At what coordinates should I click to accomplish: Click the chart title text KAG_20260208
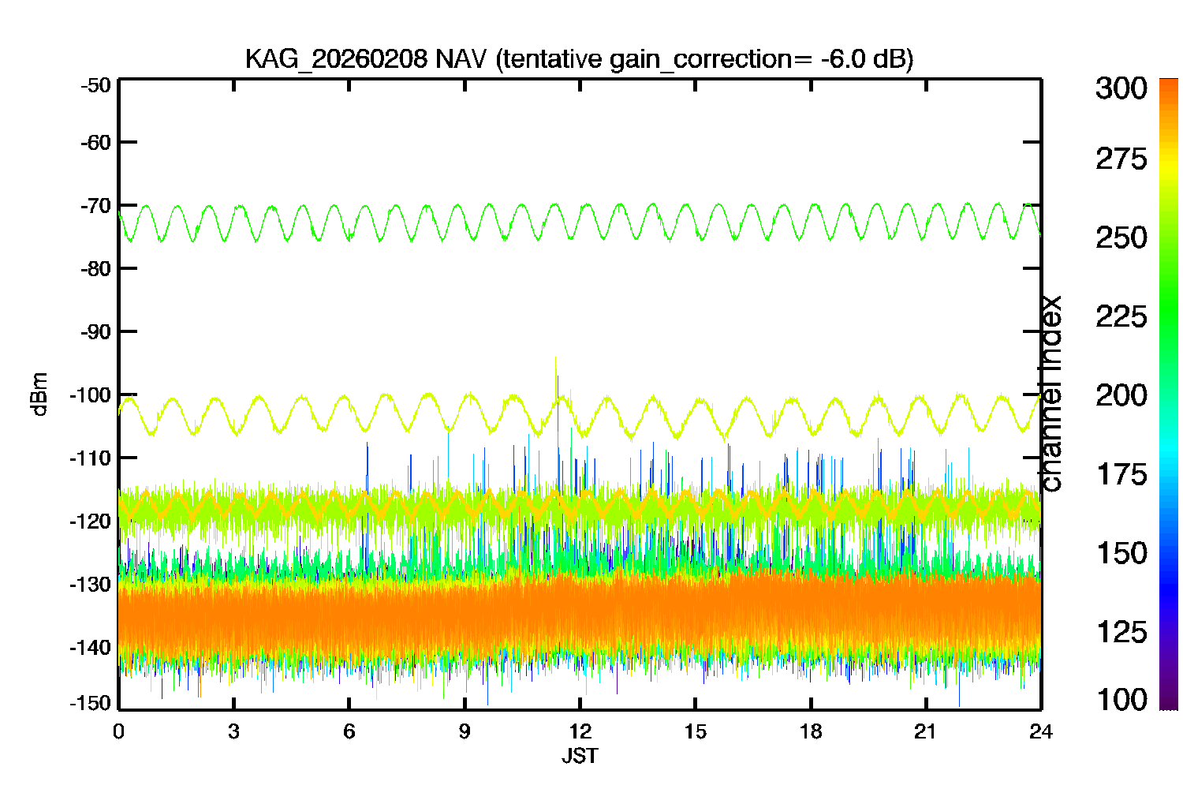336,59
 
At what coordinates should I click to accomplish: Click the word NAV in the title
460,58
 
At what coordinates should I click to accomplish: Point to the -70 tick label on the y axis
95,206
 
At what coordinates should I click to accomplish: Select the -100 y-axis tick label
91,394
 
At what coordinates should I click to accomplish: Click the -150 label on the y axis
91,703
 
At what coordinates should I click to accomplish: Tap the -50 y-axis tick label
95,85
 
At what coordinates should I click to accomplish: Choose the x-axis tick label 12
580,731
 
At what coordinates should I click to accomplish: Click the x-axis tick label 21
925,731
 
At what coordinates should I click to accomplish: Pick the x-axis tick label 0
118,731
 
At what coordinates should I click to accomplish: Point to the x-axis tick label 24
1041,731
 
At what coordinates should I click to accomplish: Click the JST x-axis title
580,756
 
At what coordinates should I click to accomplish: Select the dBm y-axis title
39,394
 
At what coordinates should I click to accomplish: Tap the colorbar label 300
1121,88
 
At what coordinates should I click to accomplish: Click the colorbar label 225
1121,317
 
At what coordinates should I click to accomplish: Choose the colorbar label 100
1121,699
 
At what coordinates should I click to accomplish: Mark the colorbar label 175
1121,474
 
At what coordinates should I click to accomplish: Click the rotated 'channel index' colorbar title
1050,394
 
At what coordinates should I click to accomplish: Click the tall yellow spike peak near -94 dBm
555,358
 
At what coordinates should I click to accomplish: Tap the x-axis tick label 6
349,731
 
